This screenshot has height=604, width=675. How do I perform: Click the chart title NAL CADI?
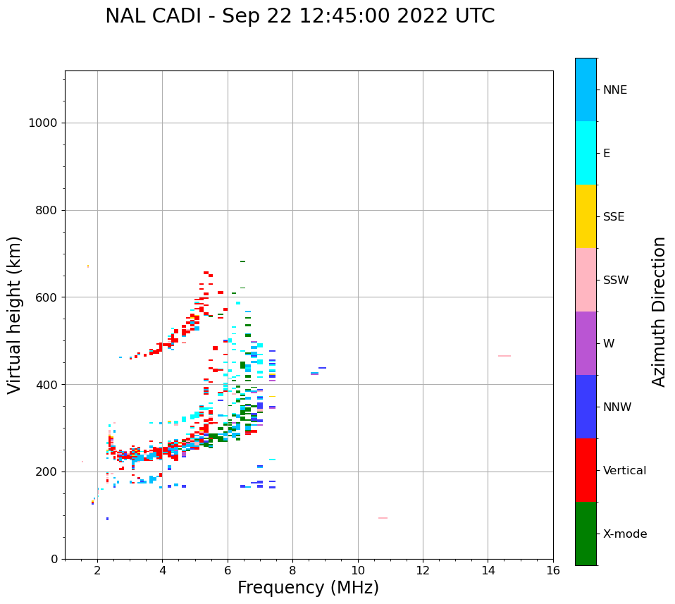click(299, 16)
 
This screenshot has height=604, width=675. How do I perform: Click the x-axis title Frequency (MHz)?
click(308, 588)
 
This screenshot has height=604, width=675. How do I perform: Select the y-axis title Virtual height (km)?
click(15, 314)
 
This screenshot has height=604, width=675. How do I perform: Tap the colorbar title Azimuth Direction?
click(659, 312)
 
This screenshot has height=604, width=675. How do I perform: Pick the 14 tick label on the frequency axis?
click(488, 569)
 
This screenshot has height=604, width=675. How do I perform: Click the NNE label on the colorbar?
click(614, 90)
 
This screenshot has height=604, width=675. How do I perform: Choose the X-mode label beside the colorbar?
click(624, 534)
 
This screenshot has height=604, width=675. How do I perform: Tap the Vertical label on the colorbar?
click(624, 471)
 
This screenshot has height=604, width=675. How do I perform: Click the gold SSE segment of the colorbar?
click(586, 216)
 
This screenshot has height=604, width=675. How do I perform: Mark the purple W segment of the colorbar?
click(586, 343)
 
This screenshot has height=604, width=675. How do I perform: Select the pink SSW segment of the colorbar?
click(586, 280)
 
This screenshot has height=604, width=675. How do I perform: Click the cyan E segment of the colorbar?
click(586, 153)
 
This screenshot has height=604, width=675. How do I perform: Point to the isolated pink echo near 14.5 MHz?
click(504, 356)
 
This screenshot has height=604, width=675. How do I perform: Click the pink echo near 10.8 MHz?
click(383, 518)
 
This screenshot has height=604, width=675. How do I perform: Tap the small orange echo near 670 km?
click(88, 266)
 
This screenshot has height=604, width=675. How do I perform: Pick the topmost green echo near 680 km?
click(242, 261)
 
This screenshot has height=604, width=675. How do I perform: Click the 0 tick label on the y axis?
click(54, 559)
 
